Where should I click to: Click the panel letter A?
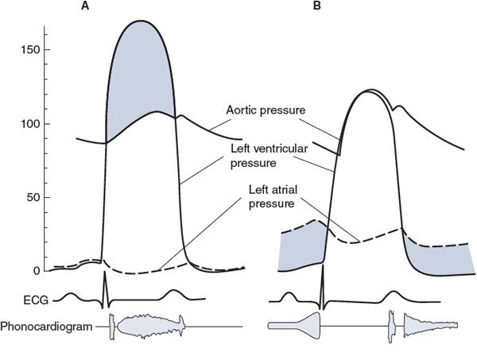107,6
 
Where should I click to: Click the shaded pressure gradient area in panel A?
140,72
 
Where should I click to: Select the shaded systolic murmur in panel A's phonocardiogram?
147,326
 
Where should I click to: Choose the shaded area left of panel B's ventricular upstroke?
301,248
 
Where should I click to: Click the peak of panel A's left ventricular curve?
141,21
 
